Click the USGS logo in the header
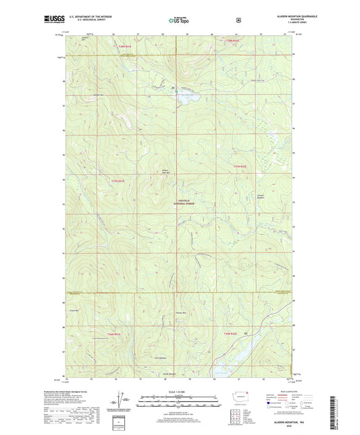(53, 20)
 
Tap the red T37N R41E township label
(119, 180)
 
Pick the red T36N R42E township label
(232, 333)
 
